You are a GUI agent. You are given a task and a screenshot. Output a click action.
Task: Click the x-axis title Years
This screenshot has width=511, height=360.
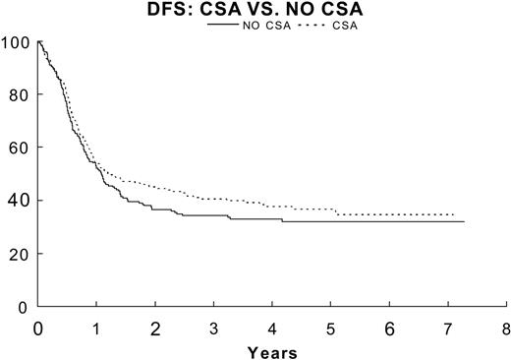click(271, 350)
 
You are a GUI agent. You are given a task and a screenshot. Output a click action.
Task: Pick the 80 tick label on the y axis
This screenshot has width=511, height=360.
click(18, 95)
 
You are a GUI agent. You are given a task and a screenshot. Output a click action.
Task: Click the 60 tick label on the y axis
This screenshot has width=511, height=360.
click(18, 149)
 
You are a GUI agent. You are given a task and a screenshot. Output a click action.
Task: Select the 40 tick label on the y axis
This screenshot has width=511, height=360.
click(18, 201)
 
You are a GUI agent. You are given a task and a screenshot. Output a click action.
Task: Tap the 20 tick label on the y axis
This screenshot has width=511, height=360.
click(18, 254)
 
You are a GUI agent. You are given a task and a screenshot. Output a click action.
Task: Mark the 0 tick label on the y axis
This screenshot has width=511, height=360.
click(22, 306)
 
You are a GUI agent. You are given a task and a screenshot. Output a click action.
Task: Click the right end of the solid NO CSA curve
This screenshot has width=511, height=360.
click(463, 221)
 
